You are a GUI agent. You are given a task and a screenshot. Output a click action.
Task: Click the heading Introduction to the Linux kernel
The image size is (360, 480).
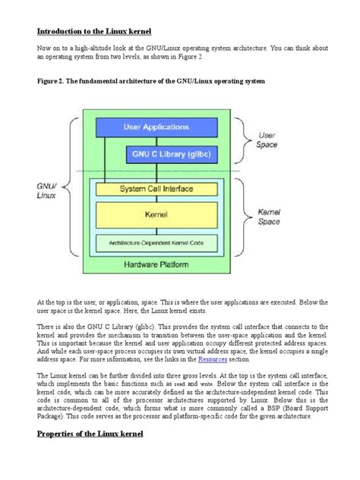pyautogui.click(x=95, y=31)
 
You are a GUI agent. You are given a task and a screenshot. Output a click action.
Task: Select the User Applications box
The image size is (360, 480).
pyautogui.click(x=156, y=127)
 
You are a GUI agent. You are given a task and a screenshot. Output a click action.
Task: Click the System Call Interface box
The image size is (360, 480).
pyautogui.click(x=156, y=188)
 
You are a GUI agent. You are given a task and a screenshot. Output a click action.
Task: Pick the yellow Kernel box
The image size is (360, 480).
pyautogui.click(x=156, y=215)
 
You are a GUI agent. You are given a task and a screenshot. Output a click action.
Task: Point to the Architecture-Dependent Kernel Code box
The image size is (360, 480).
pyautogui.click(x=156, y=242)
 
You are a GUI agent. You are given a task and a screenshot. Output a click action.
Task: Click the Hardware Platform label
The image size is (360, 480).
pyautogui.click(x=156, y=264)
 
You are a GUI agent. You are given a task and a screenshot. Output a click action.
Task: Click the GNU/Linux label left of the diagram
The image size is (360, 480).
pyautogui.click(x=47, y=191)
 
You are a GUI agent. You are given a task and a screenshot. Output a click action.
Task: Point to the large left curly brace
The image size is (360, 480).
pyautogui.click(x=74, y=191)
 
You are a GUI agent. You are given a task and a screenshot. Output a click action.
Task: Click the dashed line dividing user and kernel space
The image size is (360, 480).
pyautogui.click(x=156, y=171)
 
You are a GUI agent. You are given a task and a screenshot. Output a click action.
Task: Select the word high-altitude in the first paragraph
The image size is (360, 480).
pyautogui.click(x=93, y=47)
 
